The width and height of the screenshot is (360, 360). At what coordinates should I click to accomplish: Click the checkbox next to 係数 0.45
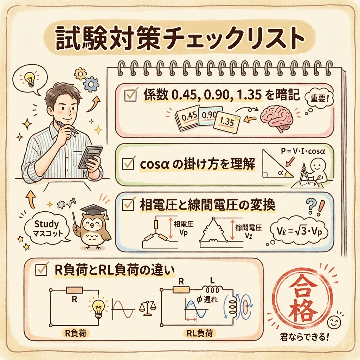tap(130, 95)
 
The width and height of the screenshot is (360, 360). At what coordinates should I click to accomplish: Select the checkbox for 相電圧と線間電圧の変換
tap(128, 204)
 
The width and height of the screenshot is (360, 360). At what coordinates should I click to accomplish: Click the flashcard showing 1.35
tap(227, 121)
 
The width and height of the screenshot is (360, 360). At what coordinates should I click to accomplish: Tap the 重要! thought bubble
tap(319, 99)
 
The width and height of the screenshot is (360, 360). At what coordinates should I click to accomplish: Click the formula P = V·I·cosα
tap(303, 152)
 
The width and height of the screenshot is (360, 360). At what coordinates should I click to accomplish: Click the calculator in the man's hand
tap(90, 157)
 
